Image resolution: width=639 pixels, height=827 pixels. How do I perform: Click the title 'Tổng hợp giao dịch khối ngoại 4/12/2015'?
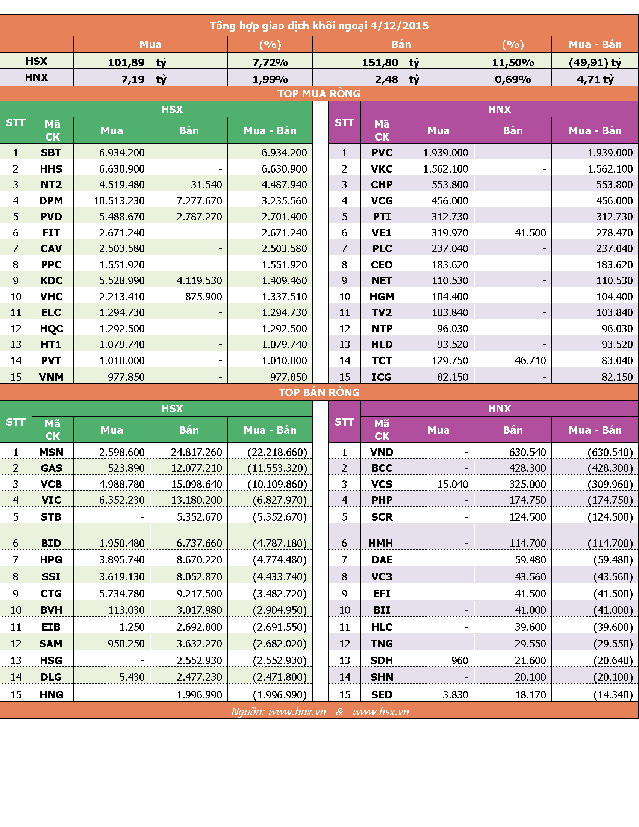319,26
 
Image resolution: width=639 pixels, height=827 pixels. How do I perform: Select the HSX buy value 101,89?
126,62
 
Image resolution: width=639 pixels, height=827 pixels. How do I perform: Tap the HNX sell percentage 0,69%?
513,79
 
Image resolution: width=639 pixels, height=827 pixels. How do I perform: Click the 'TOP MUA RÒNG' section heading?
319,94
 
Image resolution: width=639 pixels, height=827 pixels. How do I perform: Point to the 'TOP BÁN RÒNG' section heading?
319,392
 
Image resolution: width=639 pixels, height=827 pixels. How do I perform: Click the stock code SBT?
51,153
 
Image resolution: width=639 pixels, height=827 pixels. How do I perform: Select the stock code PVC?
382,153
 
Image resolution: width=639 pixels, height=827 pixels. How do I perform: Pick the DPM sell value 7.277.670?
199,201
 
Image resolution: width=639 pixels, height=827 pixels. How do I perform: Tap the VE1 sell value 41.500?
530,232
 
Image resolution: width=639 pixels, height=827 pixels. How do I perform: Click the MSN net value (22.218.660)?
277,452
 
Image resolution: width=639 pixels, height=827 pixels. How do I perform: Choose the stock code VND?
382,452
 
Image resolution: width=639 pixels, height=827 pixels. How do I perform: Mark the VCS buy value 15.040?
453,484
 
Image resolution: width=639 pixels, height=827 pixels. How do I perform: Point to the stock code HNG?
51,694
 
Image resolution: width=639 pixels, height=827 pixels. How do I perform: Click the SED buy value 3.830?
456,694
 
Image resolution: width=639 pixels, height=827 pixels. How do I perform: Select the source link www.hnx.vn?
297,712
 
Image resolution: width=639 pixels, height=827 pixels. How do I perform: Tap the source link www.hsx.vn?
380,712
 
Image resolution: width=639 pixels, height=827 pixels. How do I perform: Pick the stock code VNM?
51,377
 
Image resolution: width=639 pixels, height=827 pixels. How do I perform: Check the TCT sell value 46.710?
530,360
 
